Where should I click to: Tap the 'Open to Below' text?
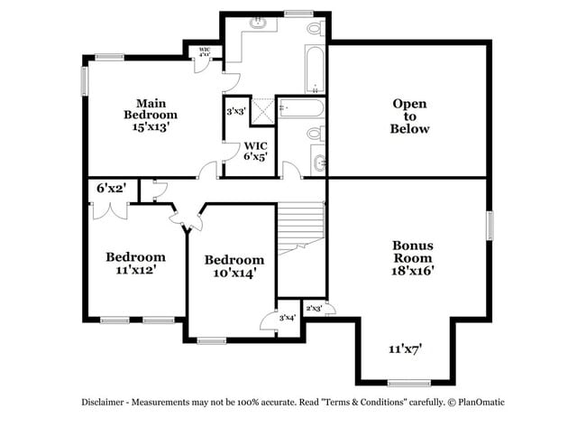[409, 116]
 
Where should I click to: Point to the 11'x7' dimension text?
[406, 348]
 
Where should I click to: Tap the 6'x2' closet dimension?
[111, 189]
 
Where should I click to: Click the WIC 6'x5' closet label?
[255, 151]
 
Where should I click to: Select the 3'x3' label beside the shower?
[236, 111]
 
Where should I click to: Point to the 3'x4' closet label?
[288, 318]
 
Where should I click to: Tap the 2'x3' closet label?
[315, 309]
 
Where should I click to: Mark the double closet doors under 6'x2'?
[109, 210]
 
